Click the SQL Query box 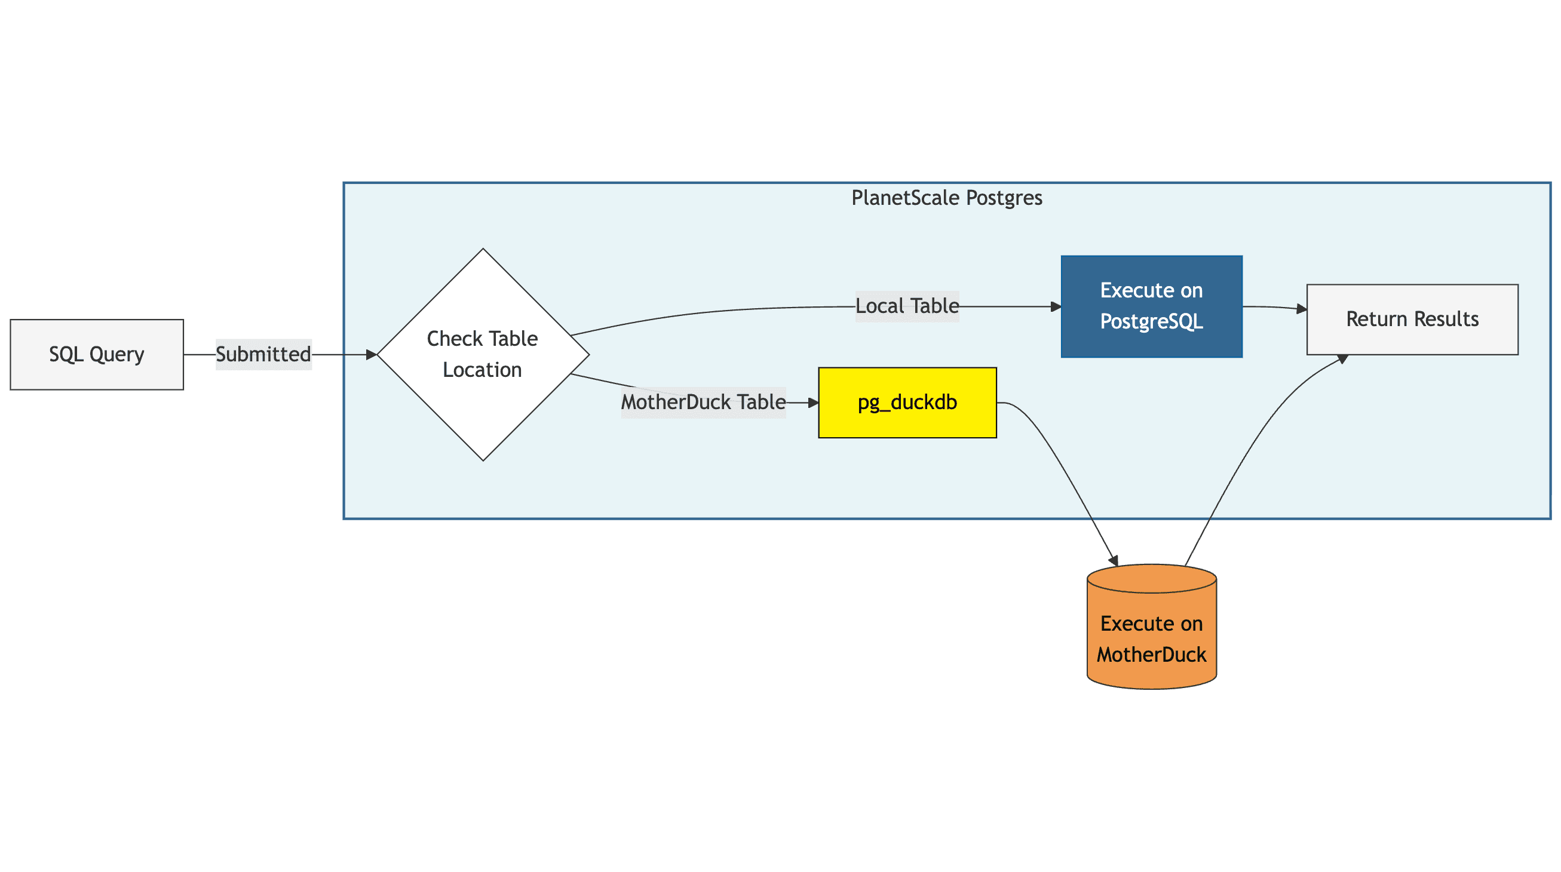point(97,355)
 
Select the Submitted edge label point(263,355)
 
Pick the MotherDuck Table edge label point(703,403)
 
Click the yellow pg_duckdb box point(907,403)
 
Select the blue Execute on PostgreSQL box point(1151,306)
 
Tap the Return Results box point(1412,320)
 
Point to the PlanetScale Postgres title point(946,198)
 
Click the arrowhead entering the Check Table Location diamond point(372,355)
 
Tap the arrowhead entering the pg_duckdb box point(813,403)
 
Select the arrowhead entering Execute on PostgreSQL point(1056,306)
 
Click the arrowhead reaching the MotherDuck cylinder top point(1114,560)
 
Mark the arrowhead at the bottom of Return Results point(1343,359)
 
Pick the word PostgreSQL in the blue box point(1151,322)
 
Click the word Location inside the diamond point(482,370)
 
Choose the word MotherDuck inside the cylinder point(1151,655)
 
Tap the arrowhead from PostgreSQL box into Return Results point(1301,309)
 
